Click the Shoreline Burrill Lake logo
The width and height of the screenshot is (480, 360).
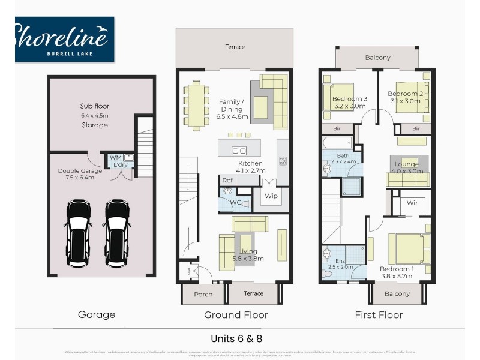(x=64, y=38)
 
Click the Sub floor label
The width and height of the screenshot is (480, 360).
(x=95, y=106)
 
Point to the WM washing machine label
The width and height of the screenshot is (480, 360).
(x=115, y=158)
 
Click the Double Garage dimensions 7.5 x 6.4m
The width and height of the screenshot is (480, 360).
(x=76, y=177)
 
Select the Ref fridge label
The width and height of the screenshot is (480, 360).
(x=227, y=180)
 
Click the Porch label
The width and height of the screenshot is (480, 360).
(x=203, y=294)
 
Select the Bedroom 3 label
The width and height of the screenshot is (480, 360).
(x=349, y=98)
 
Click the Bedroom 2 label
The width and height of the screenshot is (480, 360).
(x=405, y=94)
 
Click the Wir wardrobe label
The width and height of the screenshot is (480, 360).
(x=412, y=203)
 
